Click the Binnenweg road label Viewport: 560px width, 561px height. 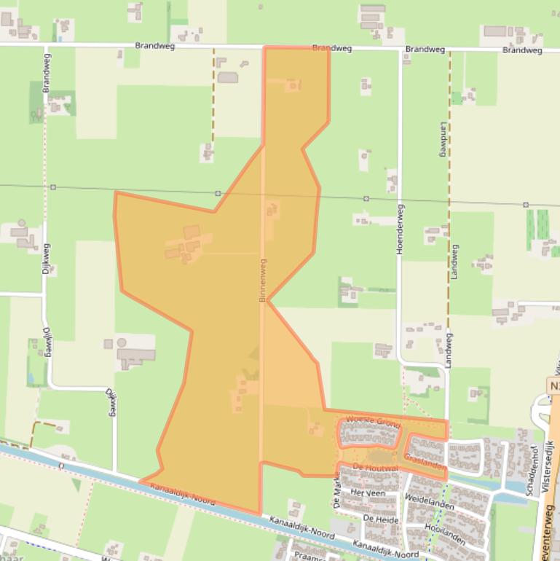click(262, 280)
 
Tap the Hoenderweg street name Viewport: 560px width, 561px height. click(399, 228)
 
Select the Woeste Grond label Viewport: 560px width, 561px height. click(373, 422)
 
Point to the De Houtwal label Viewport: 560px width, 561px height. click(375, 467)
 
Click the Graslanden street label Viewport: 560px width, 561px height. click(425, 462)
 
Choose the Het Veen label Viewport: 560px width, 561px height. click(367, 493)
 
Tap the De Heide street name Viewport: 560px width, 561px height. click(380, 519)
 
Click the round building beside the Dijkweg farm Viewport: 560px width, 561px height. click(122, 342)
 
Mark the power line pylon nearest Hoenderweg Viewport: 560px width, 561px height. click(366, 198)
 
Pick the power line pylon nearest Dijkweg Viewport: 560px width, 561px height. click(53, 187)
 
